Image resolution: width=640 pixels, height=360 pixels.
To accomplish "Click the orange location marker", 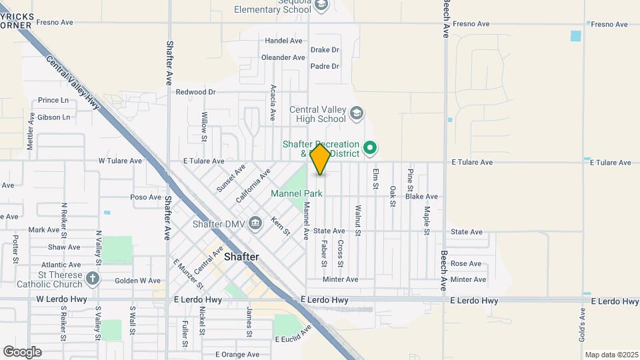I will (x=320, y=159).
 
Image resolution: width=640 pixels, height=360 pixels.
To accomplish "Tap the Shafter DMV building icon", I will (x=255, y=223).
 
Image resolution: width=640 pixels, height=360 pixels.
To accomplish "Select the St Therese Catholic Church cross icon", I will (x=93, y=278).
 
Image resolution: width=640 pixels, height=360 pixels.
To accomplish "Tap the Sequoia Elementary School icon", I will (x=321, y=6).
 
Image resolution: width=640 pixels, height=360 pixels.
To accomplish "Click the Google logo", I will (x=22, y=351).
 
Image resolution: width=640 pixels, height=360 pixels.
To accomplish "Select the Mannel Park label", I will (x=297, y=193).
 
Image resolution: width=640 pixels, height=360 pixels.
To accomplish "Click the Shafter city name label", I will (x=241, y=257).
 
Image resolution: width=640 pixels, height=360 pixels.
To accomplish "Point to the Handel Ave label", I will (x=284, y=41).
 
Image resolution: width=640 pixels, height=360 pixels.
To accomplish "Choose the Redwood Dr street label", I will (x=196, y=92).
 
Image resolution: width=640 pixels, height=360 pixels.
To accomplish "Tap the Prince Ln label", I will (x=53, y=101).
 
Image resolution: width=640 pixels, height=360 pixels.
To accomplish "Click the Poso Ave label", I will (x=146, y=197).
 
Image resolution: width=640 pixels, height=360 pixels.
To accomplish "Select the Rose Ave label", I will (x=466, y=264).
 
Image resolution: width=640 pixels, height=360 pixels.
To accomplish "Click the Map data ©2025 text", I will (x=610, y=355).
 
